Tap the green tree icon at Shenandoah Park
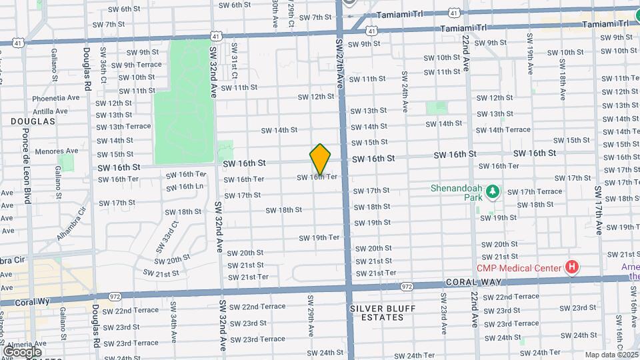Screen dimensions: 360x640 click(493, 192)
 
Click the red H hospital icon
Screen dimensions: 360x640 click(571, 268)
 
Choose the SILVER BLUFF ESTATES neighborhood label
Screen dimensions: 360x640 click(377, 313)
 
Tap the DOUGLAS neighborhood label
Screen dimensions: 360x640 click(32, 121)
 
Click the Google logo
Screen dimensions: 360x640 click(23, 351)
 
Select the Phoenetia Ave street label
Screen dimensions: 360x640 click(55, 98)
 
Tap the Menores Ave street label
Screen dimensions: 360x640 click(51, 151)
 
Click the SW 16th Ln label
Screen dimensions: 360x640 click(185, 187)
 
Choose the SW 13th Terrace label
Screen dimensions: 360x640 click(123, 126)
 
